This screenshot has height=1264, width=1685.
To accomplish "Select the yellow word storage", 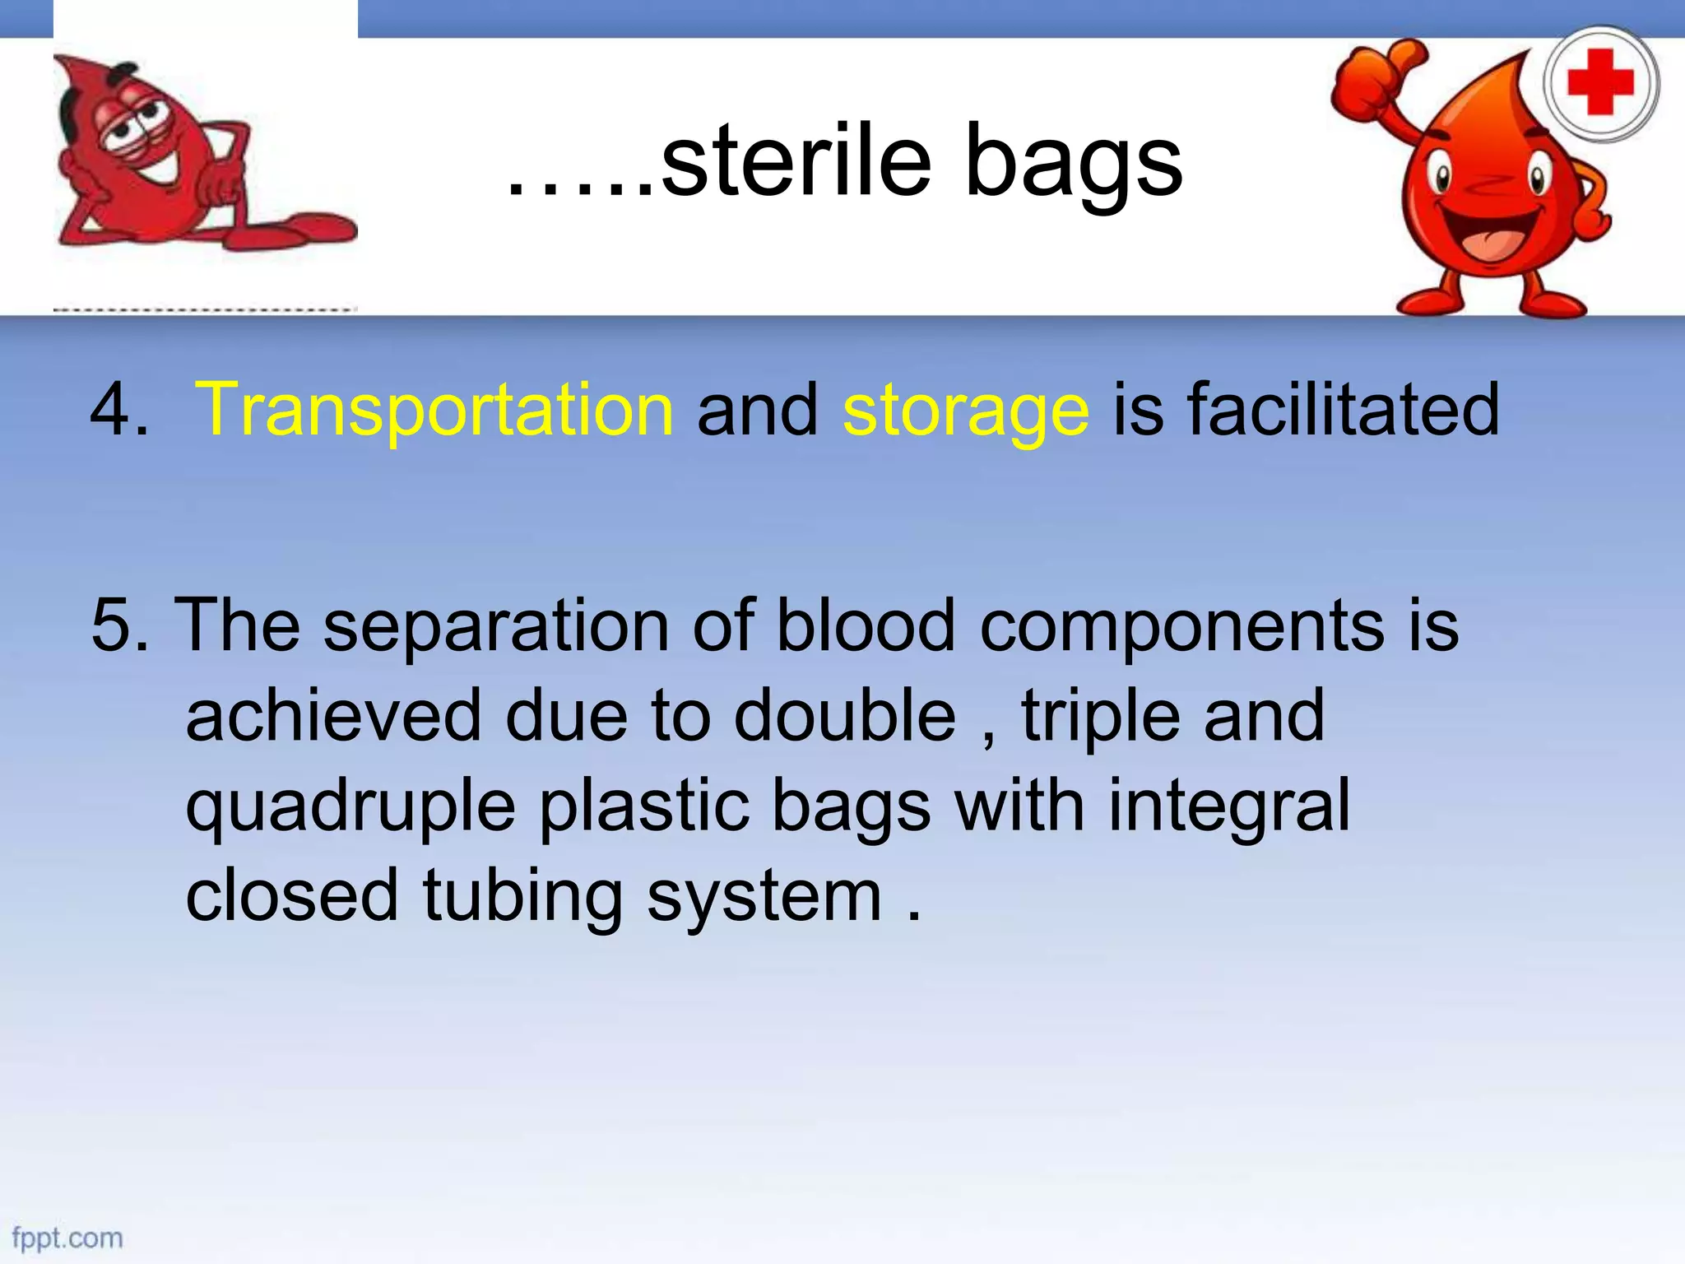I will click(966, 411).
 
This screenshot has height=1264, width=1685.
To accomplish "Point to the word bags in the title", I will click(1073, 165).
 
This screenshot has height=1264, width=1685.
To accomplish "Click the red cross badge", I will click(1600, 82).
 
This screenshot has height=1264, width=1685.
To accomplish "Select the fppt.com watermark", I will click(67, 1238).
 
